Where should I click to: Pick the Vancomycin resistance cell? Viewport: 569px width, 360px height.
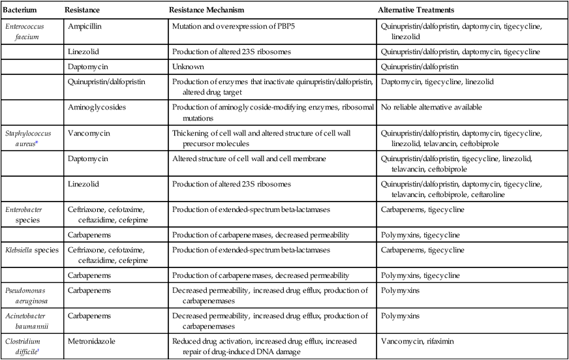coord(87,132)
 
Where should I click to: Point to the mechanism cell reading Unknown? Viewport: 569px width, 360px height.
coord(189,66)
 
